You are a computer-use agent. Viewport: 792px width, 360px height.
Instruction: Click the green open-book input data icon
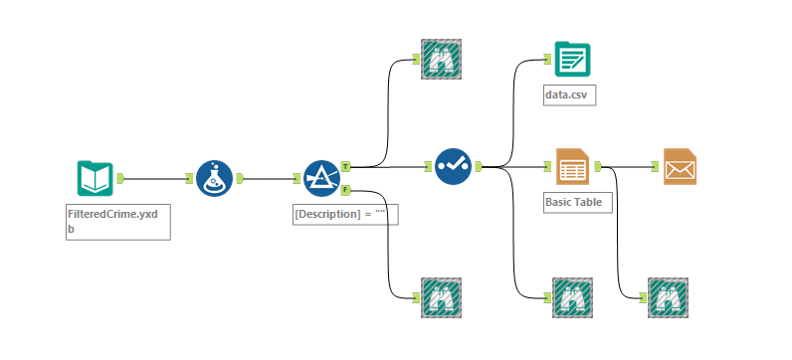[95, 178]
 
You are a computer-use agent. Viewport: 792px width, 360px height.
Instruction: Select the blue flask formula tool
[215, 178]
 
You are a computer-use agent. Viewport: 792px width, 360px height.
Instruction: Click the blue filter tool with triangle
[322, 178]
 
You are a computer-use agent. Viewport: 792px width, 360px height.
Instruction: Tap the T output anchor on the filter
[345, 166]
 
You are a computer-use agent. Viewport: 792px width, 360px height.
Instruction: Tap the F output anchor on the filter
[345, 190]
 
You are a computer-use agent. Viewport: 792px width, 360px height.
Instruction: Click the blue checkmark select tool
[453, 166]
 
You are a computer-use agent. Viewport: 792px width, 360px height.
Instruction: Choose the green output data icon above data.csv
[572, 59]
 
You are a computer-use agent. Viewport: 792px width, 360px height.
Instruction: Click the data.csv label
[569, 94]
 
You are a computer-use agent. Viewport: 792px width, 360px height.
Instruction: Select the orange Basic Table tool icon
[572, 166]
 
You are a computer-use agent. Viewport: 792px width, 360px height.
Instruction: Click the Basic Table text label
[574, 202]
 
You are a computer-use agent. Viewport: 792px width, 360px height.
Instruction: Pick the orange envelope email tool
[680, 166]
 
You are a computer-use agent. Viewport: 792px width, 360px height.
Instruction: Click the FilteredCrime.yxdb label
[113, 221]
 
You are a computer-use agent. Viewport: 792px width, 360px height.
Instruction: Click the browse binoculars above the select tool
[441, 59]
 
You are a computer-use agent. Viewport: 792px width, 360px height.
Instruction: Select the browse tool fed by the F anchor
[441, 297]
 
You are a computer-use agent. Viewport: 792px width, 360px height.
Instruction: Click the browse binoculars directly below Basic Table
[572, 297]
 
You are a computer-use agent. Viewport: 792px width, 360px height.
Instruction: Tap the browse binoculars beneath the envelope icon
[668, 297]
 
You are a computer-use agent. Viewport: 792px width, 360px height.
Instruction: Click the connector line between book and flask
[154, 178]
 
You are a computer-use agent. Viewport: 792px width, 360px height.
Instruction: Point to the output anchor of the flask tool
[240, 178]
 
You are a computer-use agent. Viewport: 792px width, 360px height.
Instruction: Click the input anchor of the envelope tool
[655, 166]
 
